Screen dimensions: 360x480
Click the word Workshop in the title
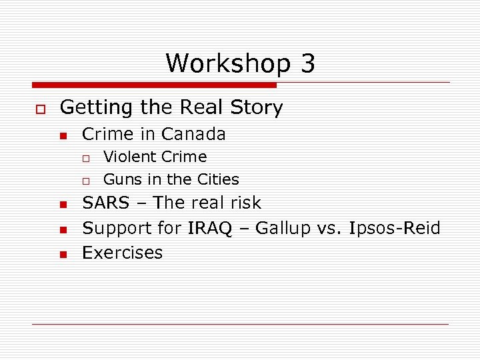(228, 64)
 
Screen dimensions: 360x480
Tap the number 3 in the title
(307, 64)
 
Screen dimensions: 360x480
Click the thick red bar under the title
(154, 85)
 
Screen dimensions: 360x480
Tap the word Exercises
(122, 253)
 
